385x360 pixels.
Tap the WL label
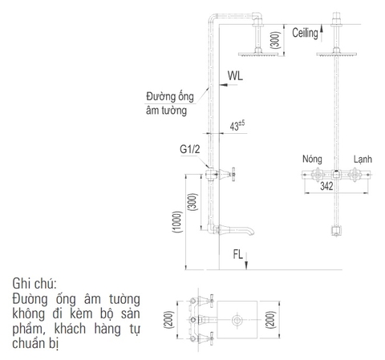coord(235,77)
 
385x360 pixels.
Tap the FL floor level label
coord(238,255)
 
